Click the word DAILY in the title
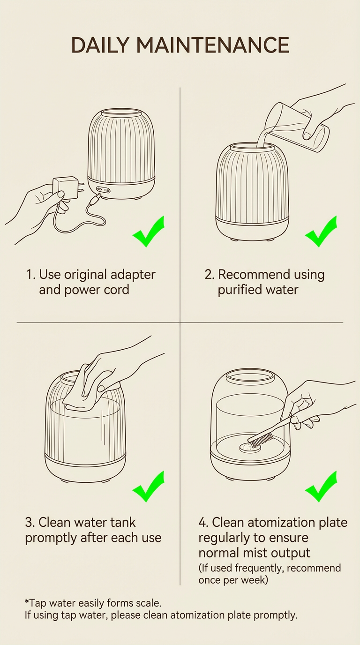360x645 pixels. click(x=100, y=45)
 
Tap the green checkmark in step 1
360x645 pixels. click(x=149, y=232)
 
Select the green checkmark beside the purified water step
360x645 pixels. click(x=321, y=232)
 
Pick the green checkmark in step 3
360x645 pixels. click(x=149, y=487)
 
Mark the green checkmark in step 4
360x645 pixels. click(x=321, y=487)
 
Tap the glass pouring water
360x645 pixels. click(x=297, y=127)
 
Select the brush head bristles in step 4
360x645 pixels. click(x=261, y=440)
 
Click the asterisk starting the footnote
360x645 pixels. click(x=27, y=601)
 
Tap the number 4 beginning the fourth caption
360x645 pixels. click(x=202, y=523)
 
